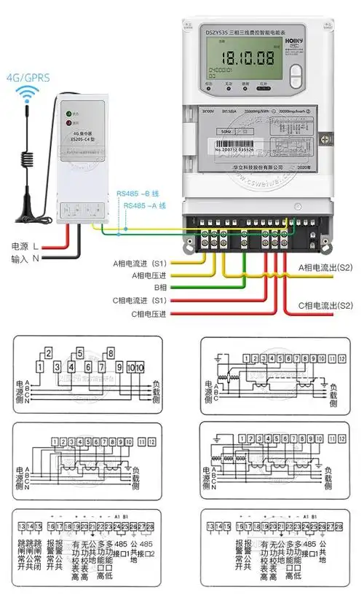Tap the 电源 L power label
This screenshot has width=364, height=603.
[x=28, y=246]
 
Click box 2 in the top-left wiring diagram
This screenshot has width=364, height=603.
[x=48, y=354]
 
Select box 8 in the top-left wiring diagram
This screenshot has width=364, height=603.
[x=110, y=354]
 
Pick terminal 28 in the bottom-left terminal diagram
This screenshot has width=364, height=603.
[x=150, y=526]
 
